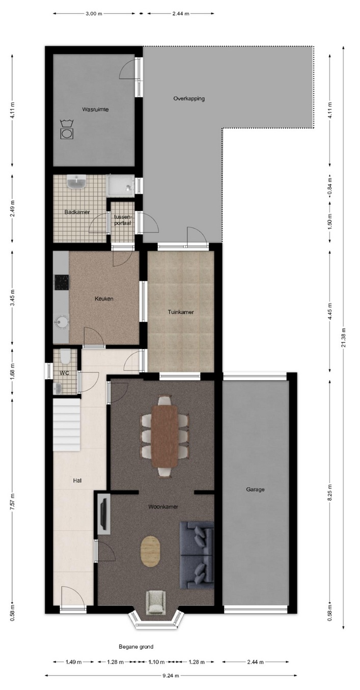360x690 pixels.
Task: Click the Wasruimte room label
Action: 95,109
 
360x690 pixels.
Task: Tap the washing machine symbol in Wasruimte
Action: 67,130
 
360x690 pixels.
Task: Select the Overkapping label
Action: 189,99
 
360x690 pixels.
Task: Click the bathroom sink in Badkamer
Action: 76,182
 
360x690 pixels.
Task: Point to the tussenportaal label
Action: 123,220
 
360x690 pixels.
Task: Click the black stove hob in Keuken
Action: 62,282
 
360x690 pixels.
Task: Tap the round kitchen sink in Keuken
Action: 62,322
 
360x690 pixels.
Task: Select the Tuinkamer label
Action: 181,312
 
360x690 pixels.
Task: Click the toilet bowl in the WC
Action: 65,356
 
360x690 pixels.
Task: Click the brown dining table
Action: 164,436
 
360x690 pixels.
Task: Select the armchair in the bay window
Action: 156,601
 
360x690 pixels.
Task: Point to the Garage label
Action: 255,489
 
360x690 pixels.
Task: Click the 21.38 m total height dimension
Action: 344,337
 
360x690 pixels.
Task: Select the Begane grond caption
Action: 136,647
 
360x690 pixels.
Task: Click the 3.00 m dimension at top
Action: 94,14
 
